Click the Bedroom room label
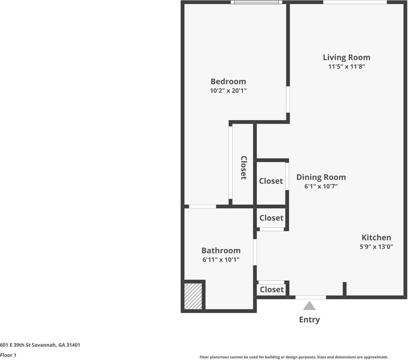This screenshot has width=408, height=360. coord(228,81)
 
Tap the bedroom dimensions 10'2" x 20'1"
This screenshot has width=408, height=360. coord(228,90)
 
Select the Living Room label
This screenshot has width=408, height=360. coord(346,57)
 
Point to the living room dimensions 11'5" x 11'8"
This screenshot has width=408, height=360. coord(346,66)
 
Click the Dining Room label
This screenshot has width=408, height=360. coord(321,177)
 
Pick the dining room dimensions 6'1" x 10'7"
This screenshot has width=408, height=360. coord(321,186)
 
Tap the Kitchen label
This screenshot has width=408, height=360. coord(376,237)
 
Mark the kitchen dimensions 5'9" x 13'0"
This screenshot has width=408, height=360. coord(376,247)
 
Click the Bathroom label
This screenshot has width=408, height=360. coord(221,250)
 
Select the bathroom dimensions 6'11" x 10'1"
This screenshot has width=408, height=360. coord(221,259)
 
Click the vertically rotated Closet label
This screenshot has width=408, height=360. coord(244,168)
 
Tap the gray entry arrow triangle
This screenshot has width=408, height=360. coord(309,306)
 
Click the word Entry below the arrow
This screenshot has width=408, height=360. coord(309,319)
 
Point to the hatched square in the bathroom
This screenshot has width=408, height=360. coord(193,296)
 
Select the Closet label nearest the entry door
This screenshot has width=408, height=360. coord(272,289)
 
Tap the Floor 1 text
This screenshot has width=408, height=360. coord(8,355)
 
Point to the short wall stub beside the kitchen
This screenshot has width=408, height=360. coord(345,289)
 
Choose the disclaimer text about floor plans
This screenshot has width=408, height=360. coord(294,357)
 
